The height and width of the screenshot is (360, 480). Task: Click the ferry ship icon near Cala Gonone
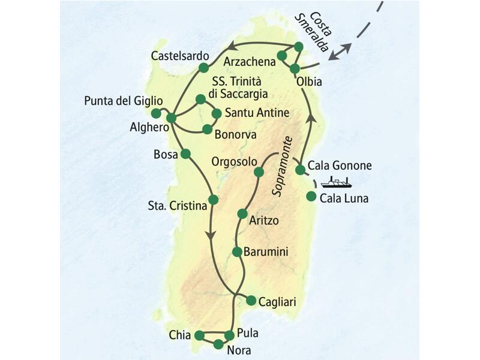pos(335,182)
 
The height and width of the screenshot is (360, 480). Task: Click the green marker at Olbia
pos(295,69)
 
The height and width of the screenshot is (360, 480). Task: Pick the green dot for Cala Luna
pos(311,196)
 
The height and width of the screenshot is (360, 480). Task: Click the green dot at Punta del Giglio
pos(156,113)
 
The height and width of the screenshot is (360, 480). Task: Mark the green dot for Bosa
pos(185,154)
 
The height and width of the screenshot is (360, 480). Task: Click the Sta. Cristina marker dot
pos(212,199)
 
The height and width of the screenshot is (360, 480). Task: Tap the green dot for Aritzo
pos(242,214)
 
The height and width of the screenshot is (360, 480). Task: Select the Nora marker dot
pos(218,344)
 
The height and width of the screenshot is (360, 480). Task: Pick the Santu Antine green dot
pos(217,112)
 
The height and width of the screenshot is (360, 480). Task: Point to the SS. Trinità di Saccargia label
pos(240,88)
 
